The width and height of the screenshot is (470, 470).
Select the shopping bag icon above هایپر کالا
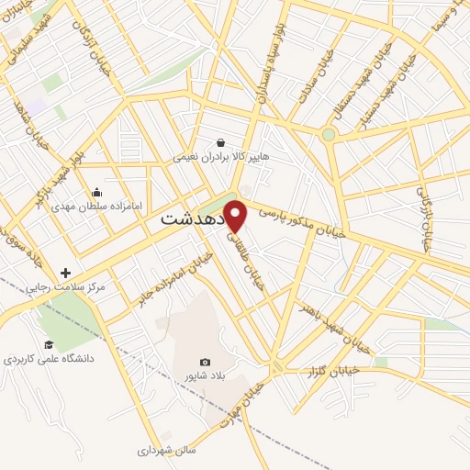[x=221, y=142]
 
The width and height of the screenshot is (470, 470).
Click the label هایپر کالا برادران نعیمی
[x=221, y=157]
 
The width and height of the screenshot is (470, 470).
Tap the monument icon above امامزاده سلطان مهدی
[x=97, y=192]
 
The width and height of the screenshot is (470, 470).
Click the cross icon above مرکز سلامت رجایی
[x=65, y=273]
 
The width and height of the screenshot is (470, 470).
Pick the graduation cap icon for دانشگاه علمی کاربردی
[x=49, y=344]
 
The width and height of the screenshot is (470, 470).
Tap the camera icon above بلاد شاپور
[x=205, y=363]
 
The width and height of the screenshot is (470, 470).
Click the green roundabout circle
[x=328, y=135]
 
